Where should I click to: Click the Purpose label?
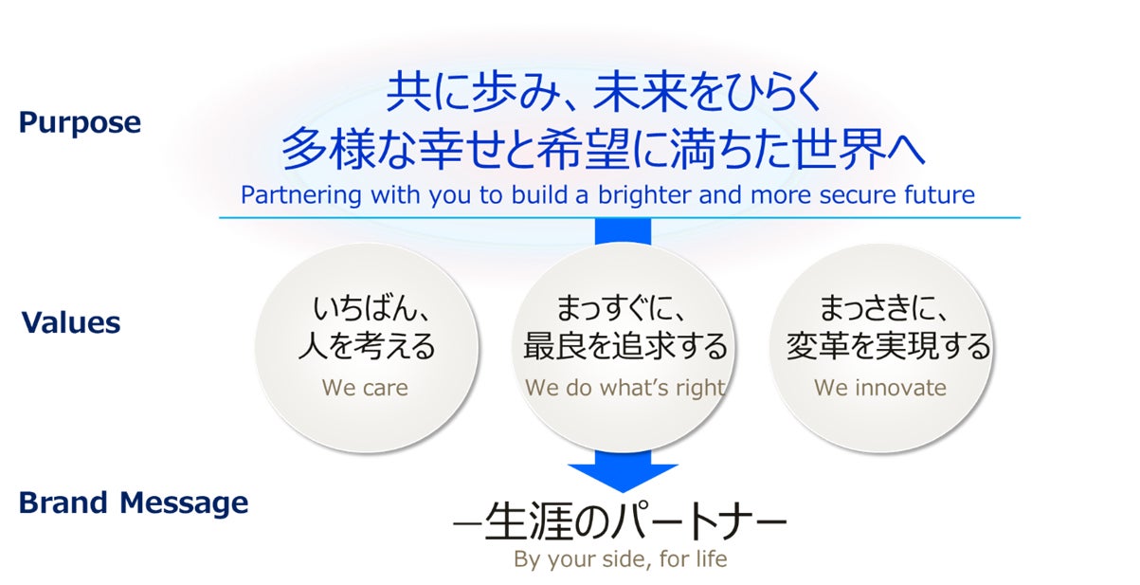(80, 123)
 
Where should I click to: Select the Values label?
(71, 322)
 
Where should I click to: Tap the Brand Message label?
(134, 503)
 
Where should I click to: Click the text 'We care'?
(365, 388)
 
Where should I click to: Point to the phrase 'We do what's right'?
(625, 388)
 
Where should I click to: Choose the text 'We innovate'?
(880, 388)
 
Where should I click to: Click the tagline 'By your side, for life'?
(621, 559)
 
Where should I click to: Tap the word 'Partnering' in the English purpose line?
(300, 195)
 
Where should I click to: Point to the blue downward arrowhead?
(623, 478)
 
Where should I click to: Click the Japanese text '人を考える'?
(367, 346)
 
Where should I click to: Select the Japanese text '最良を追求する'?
(625, 346)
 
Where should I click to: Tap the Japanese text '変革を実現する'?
(889, 346)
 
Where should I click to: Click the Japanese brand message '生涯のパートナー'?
(620, 521)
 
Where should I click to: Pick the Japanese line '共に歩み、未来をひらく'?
(604, 92)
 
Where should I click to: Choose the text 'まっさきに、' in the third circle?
(884, 308)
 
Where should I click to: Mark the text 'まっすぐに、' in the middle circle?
(622, 308)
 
